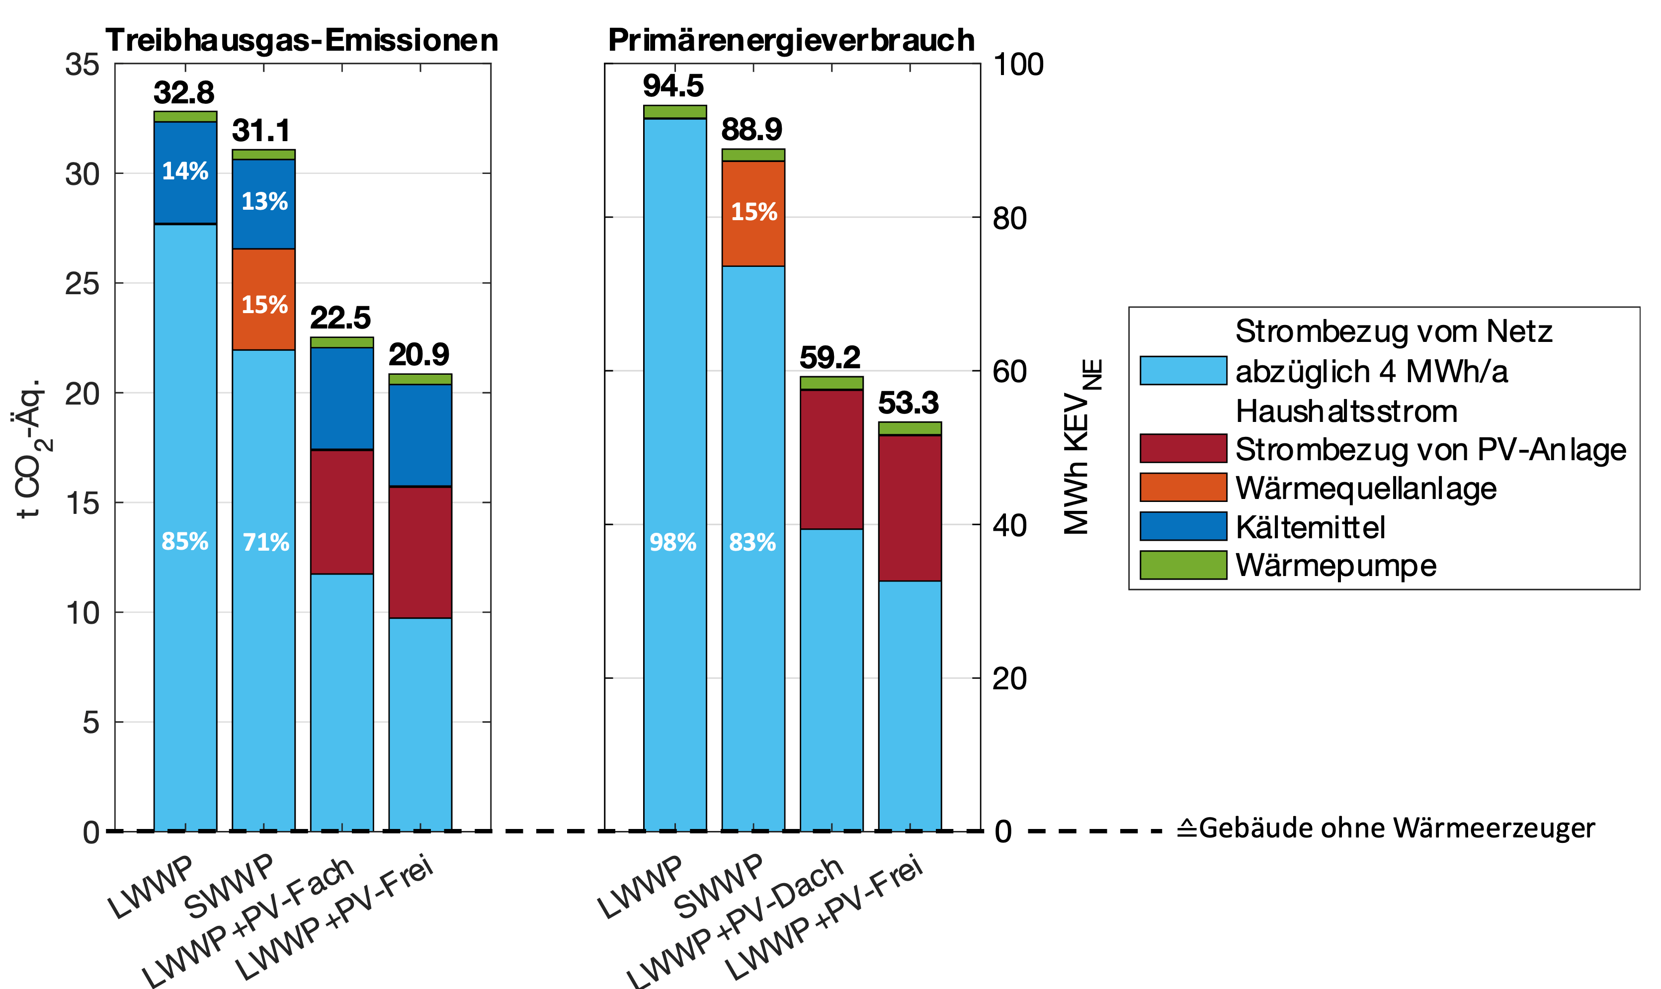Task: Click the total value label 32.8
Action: pos(184,92)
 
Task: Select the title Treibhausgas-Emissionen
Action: pos(302,41)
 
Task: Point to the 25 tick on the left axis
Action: pos(82,284)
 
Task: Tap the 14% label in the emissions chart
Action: pos(185,171)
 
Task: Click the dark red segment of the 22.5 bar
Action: pos(342,511)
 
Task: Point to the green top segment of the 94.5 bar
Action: pos(675,112)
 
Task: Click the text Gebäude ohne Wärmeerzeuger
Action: pos(1395,828)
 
